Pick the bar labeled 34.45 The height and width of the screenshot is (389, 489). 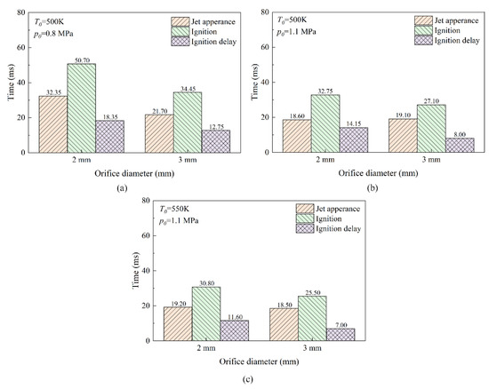[161, 122]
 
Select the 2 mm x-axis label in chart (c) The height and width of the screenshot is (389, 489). [206, 348]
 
